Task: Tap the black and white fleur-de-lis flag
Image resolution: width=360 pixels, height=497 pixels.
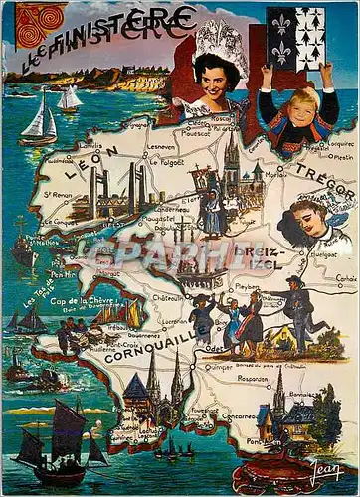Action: click(x=295, y=38)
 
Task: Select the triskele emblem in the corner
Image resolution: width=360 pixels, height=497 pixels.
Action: click(x=25, y=25)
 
